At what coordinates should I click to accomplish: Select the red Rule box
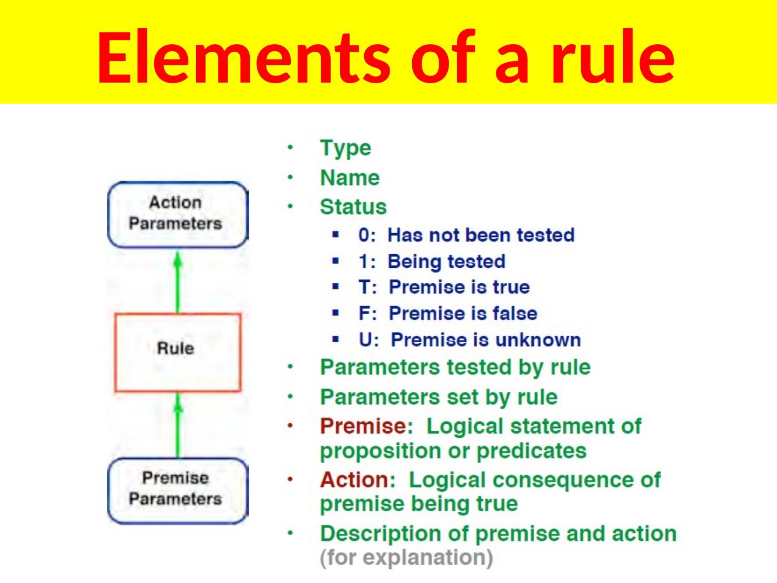(177, 351)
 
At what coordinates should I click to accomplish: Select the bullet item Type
(345, 148)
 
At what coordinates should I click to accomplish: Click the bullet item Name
(350, 178)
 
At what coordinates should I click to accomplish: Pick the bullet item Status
(353, 207)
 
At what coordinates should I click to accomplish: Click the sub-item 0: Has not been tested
(466, 235)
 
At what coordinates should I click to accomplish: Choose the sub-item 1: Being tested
(432, 262)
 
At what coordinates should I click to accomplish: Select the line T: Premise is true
(444, 288)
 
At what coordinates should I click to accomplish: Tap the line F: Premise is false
(447, 314)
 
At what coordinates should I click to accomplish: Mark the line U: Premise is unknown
(469, 340)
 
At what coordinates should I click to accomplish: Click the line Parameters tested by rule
(455, 368)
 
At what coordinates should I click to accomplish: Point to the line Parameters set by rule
(438, 397)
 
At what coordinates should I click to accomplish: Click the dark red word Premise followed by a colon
(363, 426)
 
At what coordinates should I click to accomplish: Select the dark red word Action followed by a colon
(354, 480)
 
